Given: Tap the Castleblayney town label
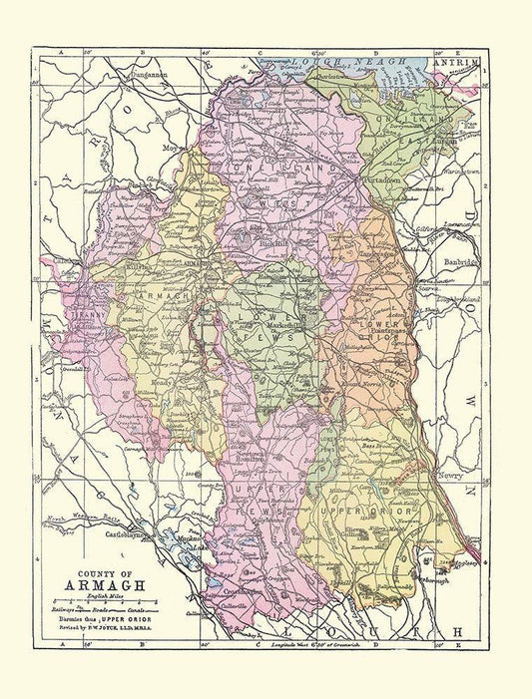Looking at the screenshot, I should point(110,536).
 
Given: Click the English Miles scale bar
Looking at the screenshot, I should point(110,604).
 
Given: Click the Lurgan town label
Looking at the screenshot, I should point(446,144).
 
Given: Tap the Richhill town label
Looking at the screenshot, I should point(264,242).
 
